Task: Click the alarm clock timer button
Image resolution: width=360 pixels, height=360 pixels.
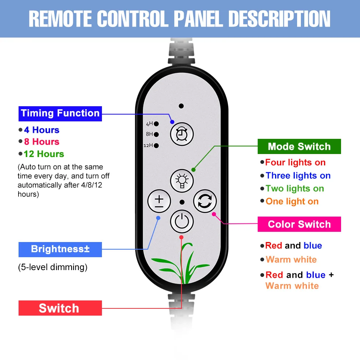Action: [x=182, y=134]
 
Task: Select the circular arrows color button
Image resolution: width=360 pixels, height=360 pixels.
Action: [x=205, y=201]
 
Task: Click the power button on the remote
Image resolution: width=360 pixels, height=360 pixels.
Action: [x=182, y=221]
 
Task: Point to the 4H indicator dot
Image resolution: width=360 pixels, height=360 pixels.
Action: [x=156, y=124]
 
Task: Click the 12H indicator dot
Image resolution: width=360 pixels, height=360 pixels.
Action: [x=156, y=145]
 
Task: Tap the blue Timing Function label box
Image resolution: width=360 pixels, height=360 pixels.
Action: [x=60, y=113]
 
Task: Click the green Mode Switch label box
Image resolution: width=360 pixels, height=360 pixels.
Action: [x=299, y=146]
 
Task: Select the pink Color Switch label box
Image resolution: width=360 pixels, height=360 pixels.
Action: [x=299, y=224]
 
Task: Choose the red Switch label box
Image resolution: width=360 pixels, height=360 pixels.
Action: [x=60, y=308]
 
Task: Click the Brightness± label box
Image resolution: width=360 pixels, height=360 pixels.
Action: [x=60, y=249]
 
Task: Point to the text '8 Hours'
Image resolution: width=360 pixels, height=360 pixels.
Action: [x=41, y=142]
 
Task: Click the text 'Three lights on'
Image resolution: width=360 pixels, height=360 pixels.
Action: [x=298, y=176]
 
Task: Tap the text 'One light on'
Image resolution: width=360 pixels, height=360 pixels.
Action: [x=292, y=201]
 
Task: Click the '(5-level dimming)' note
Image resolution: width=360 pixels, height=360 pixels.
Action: [x=53, y=267]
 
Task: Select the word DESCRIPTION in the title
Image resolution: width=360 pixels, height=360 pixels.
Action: [x=280, y=19]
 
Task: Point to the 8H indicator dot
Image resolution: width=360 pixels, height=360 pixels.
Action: [x=156, y=134]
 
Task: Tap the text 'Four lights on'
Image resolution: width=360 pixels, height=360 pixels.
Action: [x=295, y=163]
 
